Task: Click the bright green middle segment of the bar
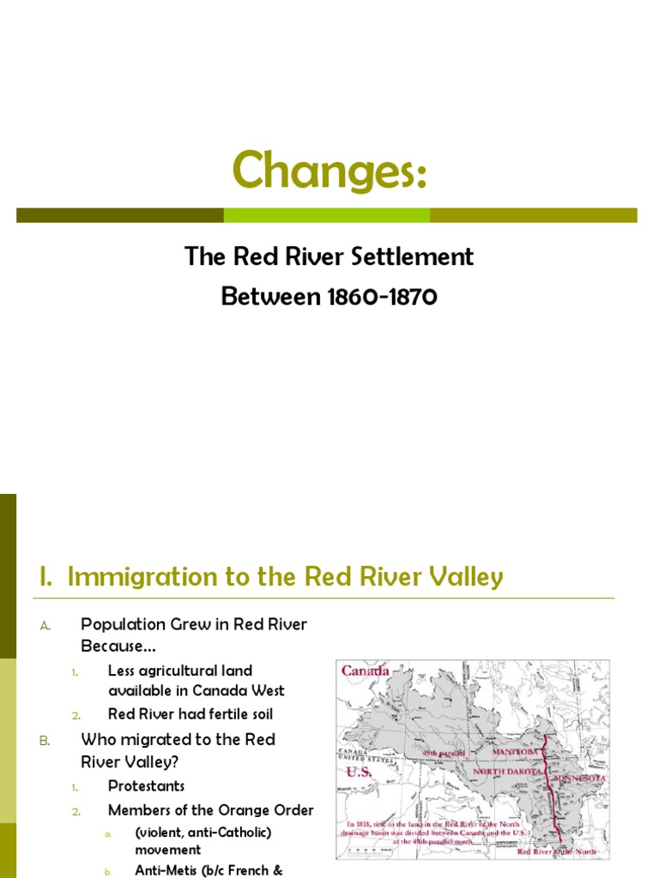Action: click(x=326, y=215)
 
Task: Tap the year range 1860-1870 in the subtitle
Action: click(x=383, y=297)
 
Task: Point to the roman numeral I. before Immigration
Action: click(x=46, y=577)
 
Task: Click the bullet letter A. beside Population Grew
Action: click(x=45, y=626)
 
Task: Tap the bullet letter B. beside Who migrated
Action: click(x=45, y=740)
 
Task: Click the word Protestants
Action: click(x=146, y=785)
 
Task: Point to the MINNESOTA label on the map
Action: click(x=580, y=779)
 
